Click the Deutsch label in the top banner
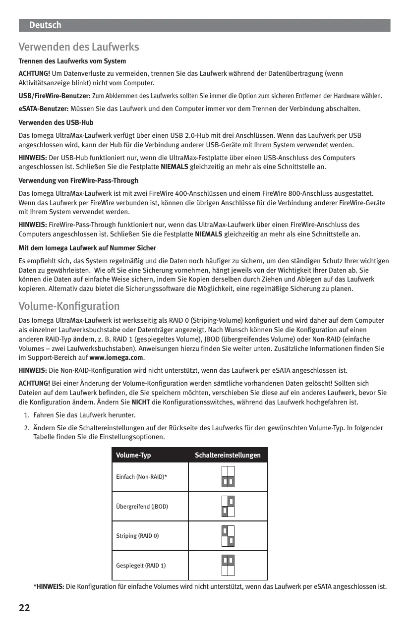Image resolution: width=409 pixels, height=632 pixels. coord(45,25)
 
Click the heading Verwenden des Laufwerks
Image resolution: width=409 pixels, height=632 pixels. coord(78,47)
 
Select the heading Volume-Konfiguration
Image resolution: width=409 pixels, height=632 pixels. coord(69,306)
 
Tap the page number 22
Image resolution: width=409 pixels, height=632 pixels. coord(24,608)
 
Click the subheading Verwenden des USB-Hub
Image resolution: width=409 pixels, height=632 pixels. coord(56,122)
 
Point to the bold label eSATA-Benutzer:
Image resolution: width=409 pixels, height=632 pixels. coord(44,109)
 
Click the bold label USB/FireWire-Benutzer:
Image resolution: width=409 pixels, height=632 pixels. coord(55,96)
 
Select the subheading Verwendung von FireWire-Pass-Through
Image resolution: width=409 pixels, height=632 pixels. coord(78,180)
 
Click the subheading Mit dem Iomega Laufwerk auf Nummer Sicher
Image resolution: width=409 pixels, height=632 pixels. coord(87,248)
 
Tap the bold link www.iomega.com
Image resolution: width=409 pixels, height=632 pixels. coord(117,358)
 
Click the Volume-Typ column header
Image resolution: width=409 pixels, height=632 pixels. coord(133,455)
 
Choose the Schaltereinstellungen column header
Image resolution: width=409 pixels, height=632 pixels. coord(228,455)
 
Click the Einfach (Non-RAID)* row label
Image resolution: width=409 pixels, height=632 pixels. coord(141,477)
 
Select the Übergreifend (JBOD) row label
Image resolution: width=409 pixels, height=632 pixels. coord(142,507)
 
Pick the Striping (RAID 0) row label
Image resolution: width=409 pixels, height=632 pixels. coord(137,536)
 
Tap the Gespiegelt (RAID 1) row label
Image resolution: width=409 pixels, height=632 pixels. coord(141,566)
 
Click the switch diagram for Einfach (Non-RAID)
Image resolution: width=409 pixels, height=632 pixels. coord(228,477)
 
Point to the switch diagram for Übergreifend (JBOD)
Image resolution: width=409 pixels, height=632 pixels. coord(228,506)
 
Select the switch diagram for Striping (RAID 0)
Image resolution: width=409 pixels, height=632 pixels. coord(228,536)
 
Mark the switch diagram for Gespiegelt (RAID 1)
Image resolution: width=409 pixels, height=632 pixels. coord(228,566)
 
